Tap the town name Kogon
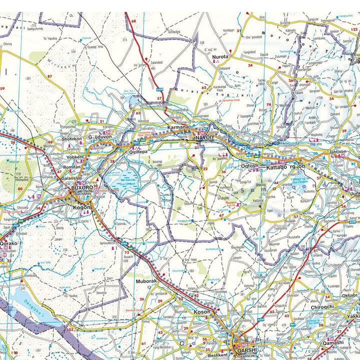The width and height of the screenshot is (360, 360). [x=82, y=207]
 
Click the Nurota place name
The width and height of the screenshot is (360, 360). [x=220, y=57]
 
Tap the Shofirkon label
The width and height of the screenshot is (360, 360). [x=71, y=138]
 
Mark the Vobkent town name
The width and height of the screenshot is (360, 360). [x=75, y=156]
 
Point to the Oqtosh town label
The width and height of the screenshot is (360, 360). [x=248, y=165]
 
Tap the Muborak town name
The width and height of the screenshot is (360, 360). [x=146, y=281]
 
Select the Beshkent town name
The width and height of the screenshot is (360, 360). [x=217, y=354]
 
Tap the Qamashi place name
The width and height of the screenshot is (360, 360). [x=333, y=342]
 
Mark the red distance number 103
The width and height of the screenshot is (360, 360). [x=70, y=330]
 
